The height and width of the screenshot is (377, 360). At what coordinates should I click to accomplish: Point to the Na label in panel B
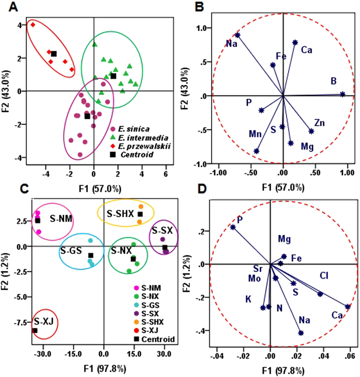click(x=231, y=44)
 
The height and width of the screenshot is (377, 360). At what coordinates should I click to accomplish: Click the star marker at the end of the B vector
click(x=342, y=95)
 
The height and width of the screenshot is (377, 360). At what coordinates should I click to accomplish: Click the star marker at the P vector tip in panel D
click(x=233, y=227)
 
